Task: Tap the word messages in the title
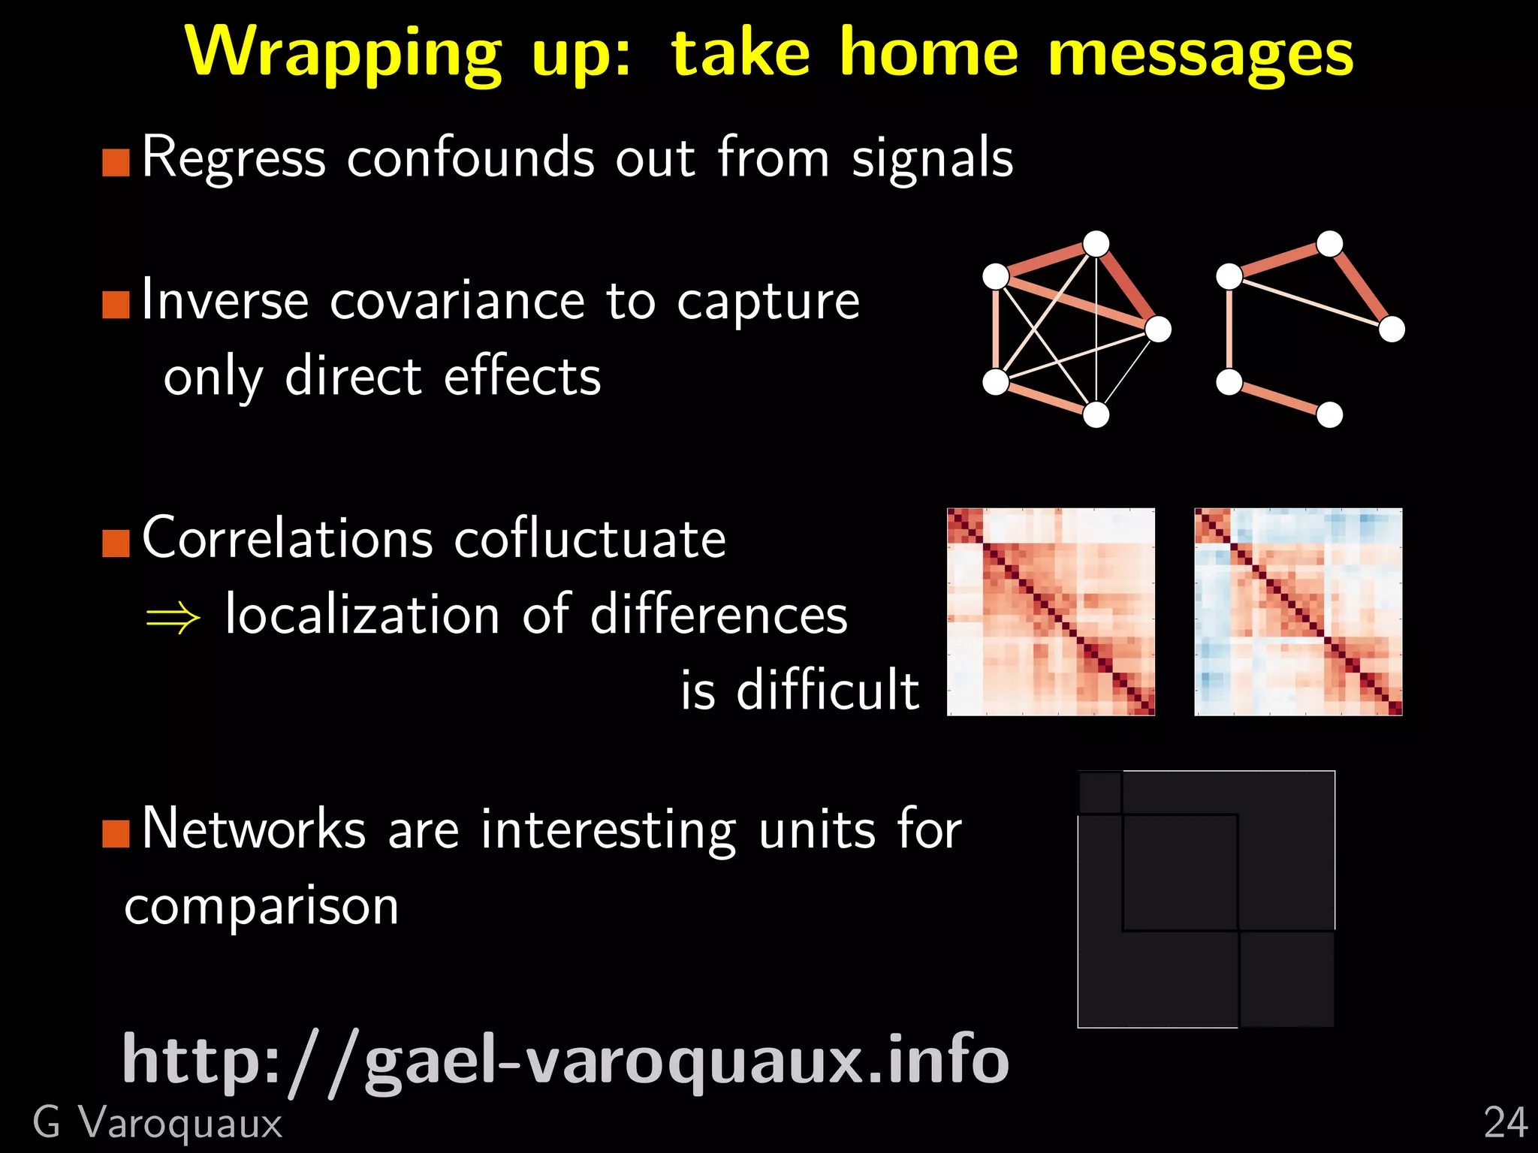click(1200, 54)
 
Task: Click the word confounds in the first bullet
click(471, 158)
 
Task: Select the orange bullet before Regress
click(116, 162)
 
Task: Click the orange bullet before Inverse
click(116, 305)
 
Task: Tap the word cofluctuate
click(590, 538)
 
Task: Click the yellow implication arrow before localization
click(173, 619)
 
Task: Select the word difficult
click(828, 689)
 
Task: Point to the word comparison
click(261, 907)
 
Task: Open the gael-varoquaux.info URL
click(565, 1060)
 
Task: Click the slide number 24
click(1505, 1124)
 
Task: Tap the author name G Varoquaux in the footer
click(158, 1124)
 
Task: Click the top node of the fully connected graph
click(1096, 244)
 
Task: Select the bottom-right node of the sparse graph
click(1330, 414)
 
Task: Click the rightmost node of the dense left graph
click(1159, 329)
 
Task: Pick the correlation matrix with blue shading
click(1298, 612)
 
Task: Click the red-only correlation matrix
click(1051, 612)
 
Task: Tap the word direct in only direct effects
click(353, 376)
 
